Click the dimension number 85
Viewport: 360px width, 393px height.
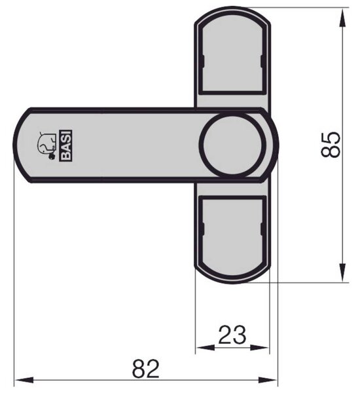click(x=331, y=145)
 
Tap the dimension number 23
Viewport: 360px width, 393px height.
click(x=232, y=335)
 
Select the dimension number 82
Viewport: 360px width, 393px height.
click(x=145, y=369)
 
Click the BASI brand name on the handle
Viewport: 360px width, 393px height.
click(x=65, y=145)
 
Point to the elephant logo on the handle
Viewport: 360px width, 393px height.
click(x=46, y=145)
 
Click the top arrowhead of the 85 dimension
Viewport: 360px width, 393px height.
click(x=342, y=17)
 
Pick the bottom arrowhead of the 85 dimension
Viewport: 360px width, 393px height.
click(x=342, y=272)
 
